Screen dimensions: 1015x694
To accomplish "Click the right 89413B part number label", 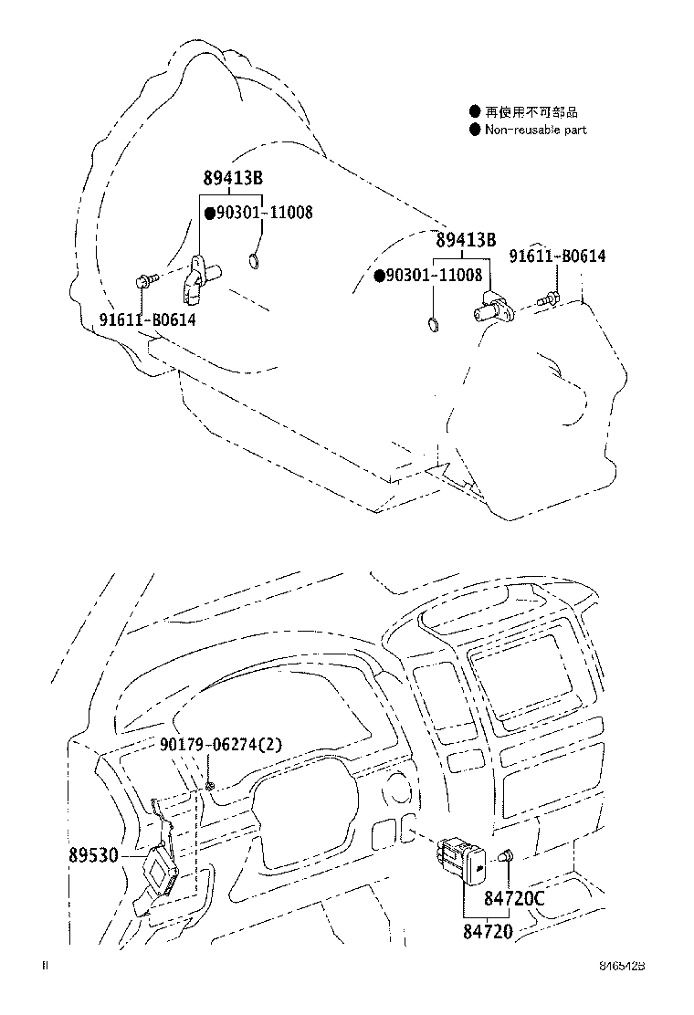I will click(466, 241).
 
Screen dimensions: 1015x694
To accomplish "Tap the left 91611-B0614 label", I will click(147, 319).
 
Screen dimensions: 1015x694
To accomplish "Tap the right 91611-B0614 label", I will click(557, 256).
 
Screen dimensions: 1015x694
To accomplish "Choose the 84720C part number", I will click(513, 899).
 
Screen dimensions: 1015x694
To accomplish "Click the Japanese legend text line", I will click(531, 112).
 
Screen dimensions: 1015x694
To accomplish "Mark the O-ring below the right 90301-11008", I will click(433, 323).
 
